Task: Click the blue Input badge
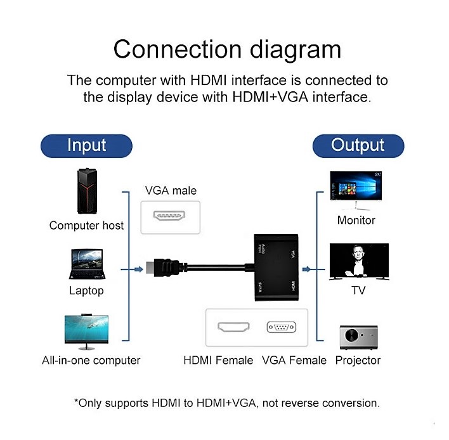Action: pos(86,146)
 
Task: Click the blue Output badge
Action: pos(358,146)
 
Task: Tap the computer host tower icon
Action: pos(87,191)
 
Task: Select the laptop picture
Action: pos(87,264)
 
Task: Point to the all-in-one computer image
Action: pos(86,332)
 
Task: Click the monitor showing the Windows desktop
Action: pos(356,190)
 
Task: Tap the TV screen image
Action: pos(359,261)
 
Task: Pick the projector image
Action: pos(358,337)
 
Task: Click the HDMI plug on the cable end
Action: pos(163,268)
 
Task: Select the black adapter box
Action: pos(277,268)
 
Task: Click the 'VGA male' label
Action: pos(171,191)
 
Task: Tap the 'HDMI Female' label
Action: pos(218,360)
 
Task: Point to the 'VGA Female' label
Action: pos(294,360)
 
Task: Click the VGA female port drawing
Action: pos(282,327)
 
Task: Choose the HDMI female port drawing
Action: pos(233,327)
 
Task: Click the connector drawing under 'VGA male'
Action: pos(169,216)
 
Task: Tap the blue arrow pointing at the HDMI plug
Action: pos(132,269)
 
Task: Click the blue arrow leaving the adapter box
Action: pos(313,269)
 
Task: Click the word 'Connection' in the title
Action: pos(178,49)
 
